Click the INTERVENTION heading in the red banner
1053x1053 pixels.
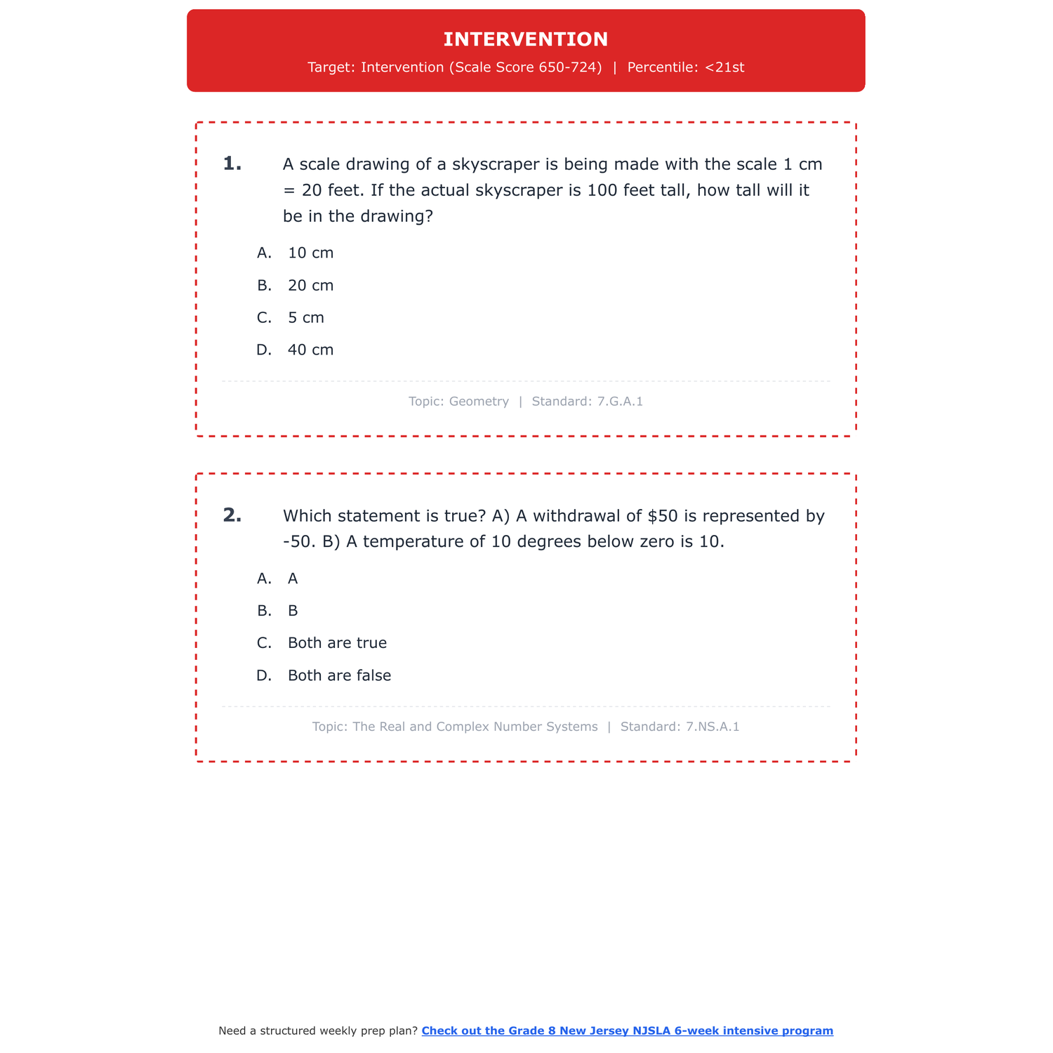[x=526, y=39]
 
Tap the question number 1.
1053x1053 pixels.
[x=232, y=164]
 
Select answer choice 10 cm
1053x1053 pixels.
[x=310, y=253]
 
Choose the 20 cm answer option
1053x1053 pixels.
[x=310, y=286]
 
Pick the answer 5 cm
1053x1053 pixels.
[x=306, y=318]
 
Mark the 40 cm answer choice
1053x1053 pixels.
[x=310, y=350]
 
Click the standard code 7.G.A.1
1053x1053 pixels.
[x=620, y=402]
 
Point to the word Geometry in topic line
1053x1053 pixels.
[x=479, y=402]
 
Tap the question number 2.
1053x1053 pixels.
[x=232, y=516]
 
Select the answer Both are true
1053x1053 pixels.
[x=337, y=643]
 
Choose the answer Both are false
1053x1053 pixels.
[x=339, y=675]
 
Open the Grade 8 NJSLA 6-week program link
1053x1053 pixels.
[x=627, y=1031]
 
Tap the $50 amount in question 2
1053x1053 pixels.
[x=663, y=516]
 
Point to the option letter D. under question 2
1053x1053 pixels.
[x=264, y=675]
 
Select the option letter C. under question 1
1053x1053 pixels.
[x=264, y=318]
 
